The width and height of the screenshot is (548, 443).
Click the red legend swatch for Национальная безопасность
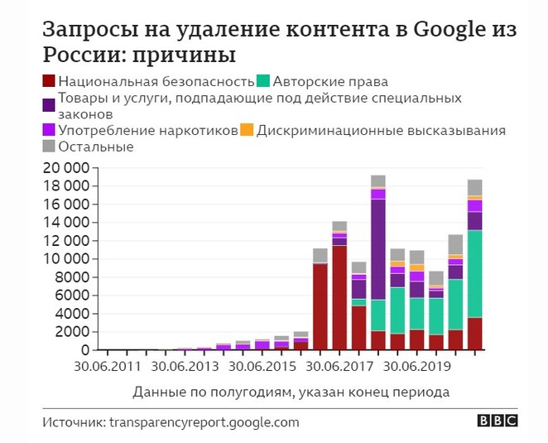pyautogui.click(x=49, y=82)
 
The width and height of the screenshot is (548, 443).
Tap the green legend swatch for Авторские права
pyautogui.click(x=263, y=82)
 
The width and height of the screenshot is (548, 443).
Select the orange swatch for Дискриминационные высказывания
pyautogui.click(x=246, y=130)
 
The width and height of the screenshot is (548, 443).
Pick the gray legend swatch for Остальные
pyautogui.click(x=49, y=147)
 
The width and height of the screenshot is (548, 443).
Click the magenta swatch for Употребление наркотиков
pyautogui.click(x=49, y=130)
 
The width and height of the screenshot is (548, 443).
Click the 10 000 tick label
pyautogui.click(x=70, y=259)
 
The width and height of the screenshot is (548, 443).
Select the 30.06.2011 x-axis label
pyautogui.click(x=106, y=364)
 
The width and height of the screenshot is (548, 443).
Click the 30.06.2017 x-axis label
pyautogui.click(x=338, y=364)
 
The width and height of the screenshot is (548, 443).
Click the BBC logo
pyautogui.click(x=497, y=421)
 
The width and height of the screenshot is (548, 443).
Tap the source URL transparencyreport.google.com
pyautogui.click(x=203, y=422)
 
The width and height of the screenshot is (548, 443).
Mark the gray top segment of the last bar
pyautogui.click(x=474, y=187)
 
